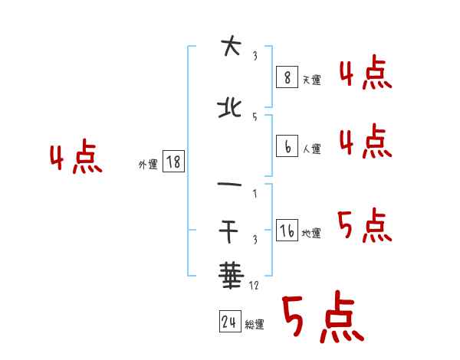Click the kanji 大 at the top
tap(229, 47)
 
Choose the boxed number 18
tap(174, 162)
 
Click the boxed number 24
tap(229, 322)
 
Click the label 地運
tap(310, 234)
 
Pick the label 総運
tap(255, 325)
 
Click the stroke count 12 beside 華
tap(255, 286)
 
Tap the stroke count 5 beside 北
tap(254, 116)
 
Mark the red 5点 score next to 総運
tap(322, 318)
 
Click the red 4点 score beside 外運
tap(75, 159)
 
